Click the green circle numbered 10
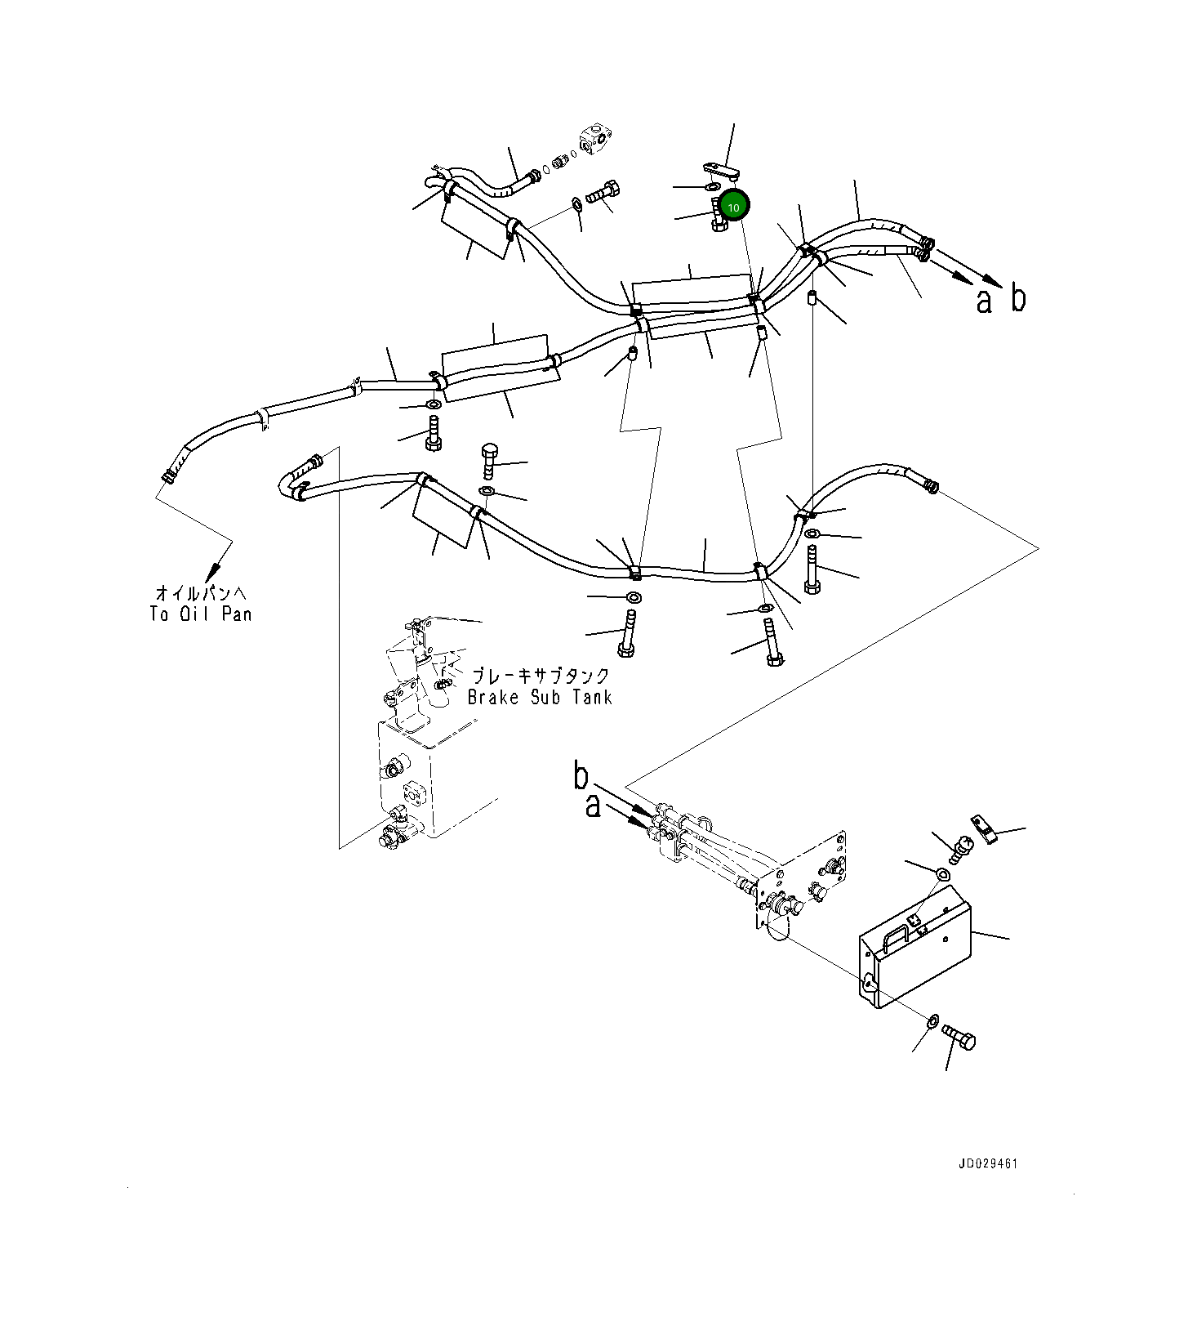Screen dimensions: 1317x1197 pyautogui.click(x=733, y=207)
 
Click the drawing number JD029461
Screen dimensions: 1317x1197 pyautogui.click(x=988, y=1163)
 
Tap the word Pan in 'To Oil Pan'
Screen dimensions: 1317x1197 pyautogui.click(x=236, y=614)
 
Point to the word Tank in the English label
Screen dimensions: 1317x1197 pyautogui.click(x=591, y=697)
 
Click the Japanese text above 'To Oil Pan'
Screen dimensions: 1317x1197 pyautogui.click(x=200, y=592)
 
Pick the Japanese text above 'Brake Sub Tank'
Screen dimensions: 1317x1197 pyautogui.click(x=541, y=676)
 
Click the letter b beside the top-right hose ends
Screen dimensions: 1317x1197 pyautogui.click(x=1017, y=298)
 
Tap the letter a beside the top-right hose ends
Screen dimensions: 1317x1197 pyautogui.click(x=985, y=301)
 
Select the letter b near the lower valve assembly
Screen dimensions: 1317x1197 pyautogui.click(x=581, y=776)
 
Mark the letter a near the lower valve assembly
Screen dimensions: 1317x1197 pyautogui.click(x=594, y=806)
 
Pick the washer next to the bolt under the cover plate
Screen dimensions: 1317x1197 pyautogui.click(x=932, y=1020)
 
